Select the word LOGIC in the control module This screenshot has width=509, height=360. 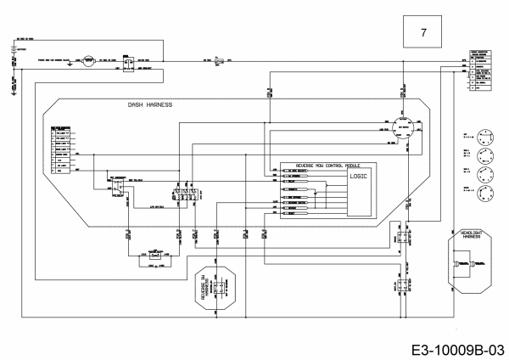(x=358, y=176)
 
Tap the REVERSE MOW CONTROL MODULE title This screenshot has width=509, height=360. (x=327, y=165)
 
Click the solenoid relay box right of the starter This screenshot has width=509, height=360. (x=126, y=62)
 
